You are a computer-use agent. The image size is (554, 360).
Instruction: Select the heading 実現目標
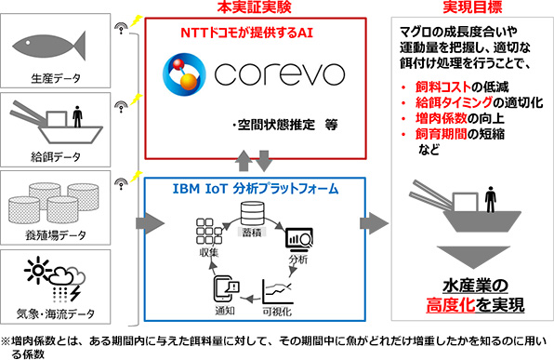pos(462,8)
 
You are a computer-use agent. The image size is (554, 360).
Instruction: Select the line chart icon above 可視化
pos(279,286)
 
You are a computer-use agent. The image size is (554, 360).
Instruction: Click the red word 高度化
pos(442,303)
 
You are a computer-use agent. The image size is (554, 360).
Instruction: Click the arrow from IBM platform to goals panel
pos(375,224)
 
